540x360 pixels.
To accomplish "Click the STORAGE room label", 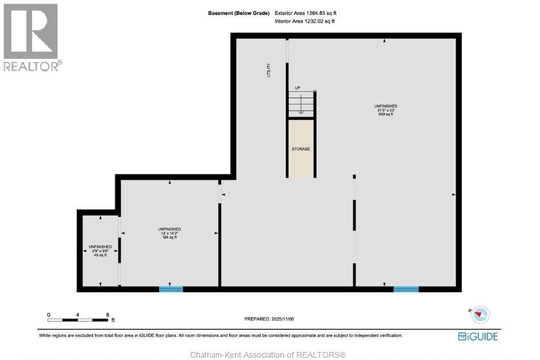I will [x=300, y=149].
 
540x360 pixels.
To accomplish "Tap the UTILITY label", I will [x=268, y=70].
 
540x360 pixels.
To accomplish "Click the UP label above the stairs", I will [x=298, y=88].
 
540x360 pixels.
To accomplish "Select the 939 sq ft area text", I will [x=385, y=114].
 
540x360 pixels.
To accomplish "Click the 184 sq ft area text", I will [x=169, y=238].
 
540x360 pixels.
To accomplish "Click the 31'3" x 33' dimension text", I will [x=385, y=110].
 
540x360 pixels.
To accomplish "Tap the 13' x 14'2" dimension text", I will [x=169, y=234].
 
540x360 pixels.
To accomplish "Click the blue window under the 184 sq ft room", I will [x=171, y=289].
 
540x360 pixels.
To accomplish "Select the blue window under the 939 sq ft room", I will [x=406, y=289].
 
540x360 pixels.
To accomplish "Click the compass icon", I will [x=480, y=314].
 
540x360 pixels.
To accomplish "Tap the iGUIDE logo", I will [x=477, y=336].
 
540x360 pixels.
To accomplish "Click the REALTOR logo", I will [x=31, y=37].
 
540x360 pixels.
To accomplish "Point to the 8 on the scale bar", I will [x=107, y=315].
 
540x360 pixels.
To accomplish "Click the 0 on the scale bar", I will [x=49, y=315].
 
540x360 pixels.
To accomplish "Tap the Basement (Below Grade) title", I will [x=238, y=13].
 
